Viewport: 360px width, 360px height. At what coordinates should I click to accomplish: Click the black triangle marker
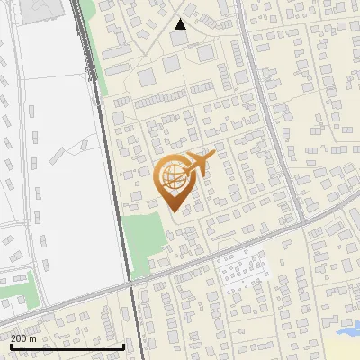point(181,24)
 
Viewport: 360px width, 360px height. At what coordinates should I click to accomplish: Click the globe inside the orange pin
point(171,177)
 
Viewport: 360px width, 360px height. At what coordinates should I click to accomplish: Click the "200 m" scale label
point(23,338)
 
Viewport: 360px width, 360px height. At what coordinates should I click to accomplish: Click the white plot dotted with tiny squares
point(241,269)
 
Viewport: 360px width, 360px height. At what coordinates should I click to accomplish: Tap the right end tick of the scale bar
point(123,346)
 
